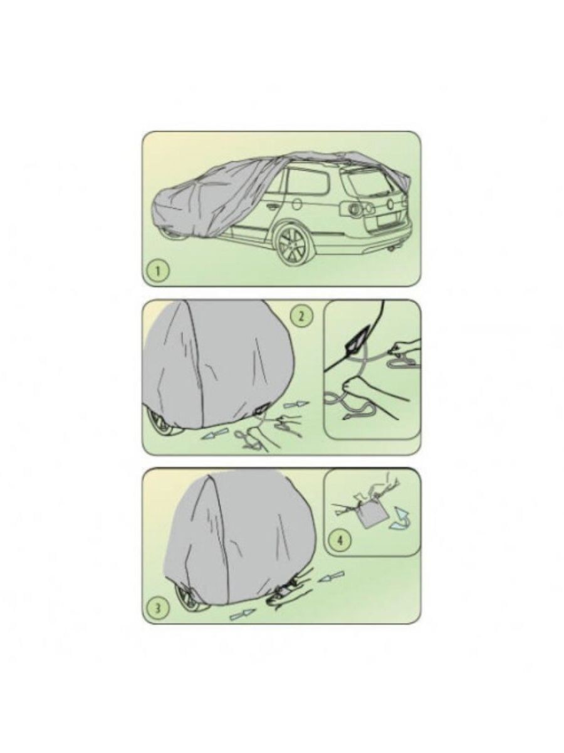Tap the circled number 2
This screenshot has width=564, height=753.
tap(301, 316)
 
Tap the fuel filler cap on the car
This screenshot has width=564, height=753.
tap(296, 203)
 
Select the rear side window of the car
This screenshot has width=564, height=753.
tap(307, 181)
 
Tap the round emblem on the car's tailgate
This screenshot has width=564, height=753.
tap(385, 203)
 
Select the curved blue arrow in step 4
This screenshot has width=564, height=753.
tap(397, 520)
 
